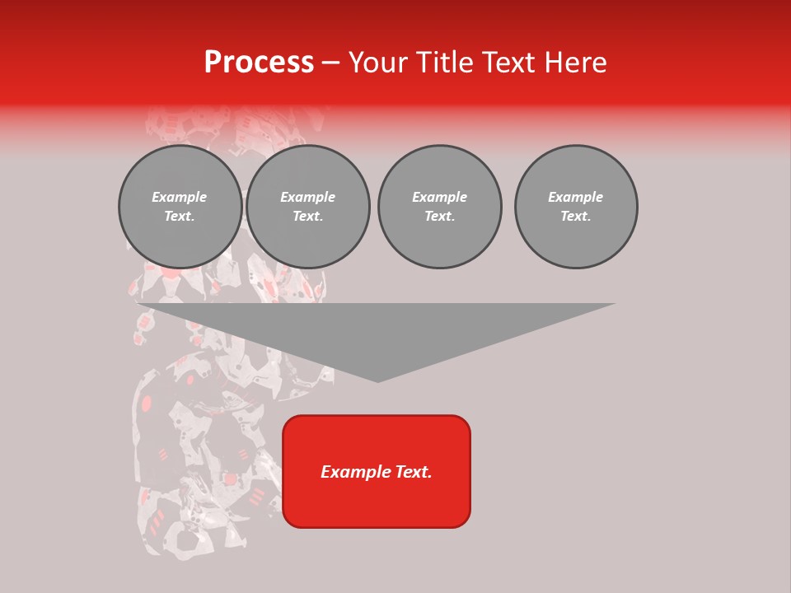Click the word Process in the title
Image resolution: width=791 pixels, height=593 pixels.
pyautogui.click(x=259, y=63)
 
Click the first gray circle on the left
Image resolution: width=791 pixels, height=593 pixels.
pyautogui.click(x=180, y=207)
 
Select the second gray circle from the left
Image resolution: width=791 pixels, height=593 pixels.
pyautogui.click(x=308, y=207)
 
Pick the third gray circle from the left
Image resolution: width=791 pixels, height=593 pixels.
pyautogui.click(x=440, y=207)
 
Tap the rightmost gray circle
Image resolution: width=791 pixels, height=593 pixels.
pyautogui.click(x=576, y=207)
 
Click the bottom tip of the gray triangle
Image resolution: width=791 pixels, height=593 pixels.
pyautogui.click(x=377, y=381)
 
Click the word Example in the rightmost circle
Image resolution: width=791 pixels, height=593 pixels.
pyautogui.click(x=576, y=197)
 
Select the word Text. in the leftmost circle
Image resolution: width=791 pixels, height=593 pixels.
pyautogui.click(x=180, y=217)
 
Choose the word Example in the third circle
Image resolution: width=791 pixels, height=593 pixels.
pyautogui.click(x=440, y=197)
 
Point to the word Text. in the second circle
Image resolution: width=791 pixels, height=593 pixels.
pyautogui.click(x=308, y=217)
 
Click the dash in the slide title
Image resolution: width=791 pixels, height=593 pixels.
pyautogui.click(x=331, y=63)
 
